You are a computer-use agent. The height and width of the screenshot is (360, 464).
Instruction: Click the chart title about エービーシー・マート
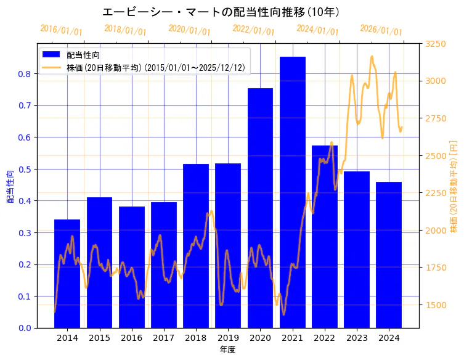(x=221, y=12)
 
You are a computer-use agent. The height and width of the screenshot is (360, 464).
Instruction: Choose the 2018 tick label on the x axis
(x=196, y=338)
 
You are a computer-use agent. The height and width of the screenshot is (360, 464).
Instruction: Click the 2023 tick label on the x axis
(x=357, y=338)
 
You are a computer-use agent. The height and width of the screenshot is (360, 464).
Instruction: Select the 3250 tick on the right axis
(x=436, y=44)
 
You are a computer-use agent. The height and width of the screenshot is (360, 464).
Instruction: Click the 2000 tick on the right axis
(x=436, y=231)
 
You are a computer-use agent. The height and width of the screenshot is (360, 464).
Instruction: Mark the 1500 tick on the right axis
(x=436, y=305)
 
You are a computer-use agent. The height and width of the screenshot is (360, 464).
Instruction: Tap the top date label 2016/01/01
(x=61, y=30)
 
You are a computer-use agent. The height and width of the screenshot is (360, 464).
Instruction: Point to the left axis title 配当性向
(x=10, y=186)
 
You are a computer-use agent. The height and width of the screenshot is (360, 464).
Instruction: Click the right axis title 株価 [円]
(x=454, y=186)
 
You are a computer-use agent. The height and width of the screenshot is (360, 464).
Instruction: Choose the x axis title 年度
(x=228, y=350)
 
